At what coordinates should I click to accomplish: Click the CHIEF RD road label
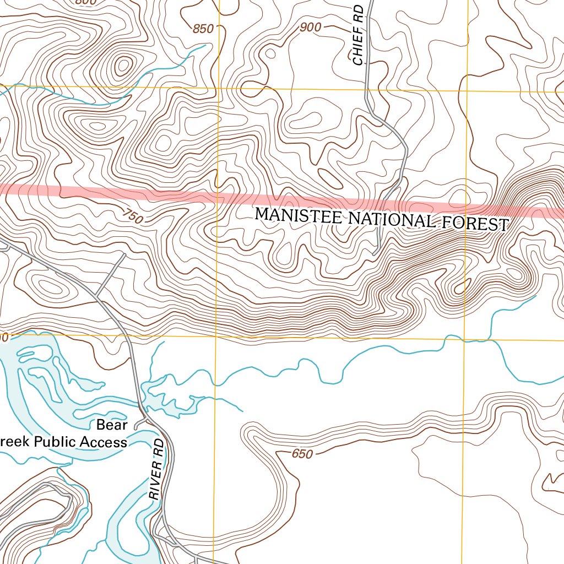(x=359, y=35)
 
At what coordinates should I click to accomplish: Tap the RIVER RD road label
(x=157, y=469)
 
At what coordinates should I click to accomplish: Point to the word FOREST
(x=473, y=223)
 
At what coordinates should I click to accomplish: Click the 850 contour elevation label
(x=203, y=29)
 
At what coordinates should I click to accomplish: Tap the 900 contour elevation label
(x=311, y=27)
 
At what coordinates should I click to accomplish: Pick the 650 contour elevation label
(x=302, y=454)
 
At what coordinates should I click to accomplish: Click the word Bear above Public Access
(x=112, y=425)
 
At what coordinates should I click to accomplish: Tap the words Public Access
(x=80, y=442)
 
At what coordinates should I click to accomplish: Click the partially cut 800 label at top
(x=85, y=2)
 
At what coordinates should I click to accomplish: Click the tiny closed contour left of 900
(x=270, y=53)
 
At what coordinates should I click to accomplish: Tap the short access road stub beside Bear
(x=139, y=422)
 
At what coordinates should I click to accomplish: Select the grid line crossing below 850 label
(x=219, y=88)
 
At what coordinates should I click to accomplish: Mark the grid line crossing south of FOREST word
(x=464, y=339)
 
